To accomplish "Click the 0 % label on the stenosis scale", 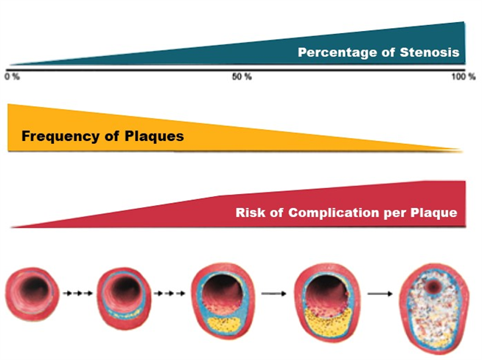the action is (13, 77).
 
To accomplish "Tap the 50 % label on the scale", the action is (242, 77).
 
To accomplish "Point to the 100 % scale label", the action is (464, 77).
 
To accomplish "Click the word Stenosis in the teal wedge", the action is (430, 52).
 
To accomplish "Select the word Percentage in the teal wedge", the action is (338, 52).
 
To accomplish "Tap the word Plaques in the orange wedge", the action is (154, 136).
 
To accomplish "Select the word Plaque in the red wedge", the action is (434, 213).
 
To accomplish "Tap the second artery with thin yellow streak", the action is (124, 298).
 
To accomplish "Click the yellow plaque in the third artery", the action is (224, 325).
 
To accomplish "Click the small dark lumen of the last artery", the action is (433, 286).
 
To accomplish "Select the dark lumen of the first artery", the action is (35, 289).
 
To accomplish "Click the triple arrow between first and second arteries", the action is (78, 293).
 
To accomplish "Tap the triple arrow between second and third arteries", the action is (170, 293).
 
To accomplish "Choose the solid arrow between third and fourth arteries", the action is (273, 294).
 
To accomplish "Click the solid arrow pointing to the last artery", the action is (380, 294).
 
